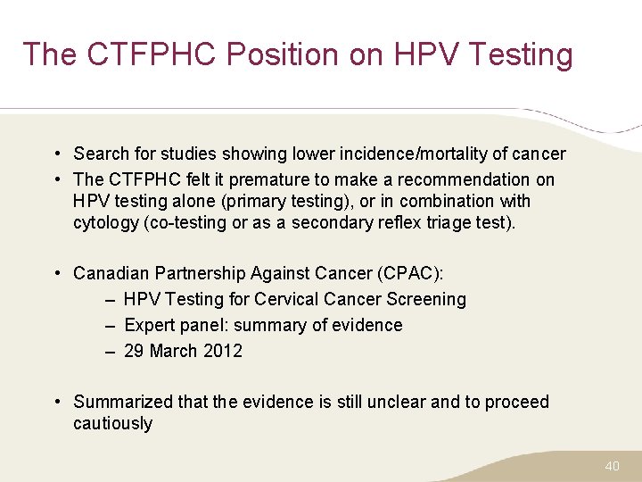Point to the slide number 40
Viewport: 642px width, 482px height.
(x=612, y=466)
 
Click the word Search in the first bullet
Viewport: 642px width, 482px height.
(x=101, y=154)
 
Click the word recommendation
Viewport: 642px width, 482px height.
(x=464, y=179)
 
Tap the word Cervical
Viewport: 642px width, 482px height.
(x=287, y=299)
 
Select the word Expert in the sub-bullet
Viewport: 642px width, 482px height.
(x=150, y=325)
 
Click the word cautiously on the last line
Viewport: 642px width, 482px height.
(x=112, y=423)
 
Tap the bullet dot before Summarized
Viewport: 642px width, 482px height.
(x=56, y=402)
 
